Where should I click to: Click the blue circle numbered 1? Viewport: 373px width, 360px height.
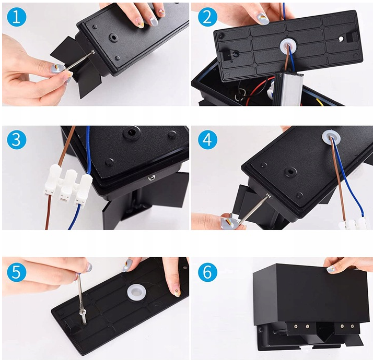pyautogui.click(x=16, y=17)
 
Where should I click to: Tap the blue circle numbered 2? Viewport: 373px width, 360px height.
pyautogui.click(x=207, y=17)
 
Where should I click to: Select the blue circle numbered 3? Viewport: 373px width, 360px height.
pyautogui.click(x=16, y=139)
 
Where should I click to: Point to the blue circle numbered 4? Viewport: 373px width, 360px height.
pyautogui.click(x=207, y=139)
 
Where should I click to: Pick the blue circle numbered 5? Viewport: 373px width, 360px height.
pyautogui.click(x=16, y=272)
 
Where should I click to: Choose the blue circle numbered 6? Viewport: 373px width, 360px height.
pyautogui.click(x=207, y=272)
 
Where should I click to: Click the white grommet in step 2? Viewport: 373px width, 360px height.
pyautogui.click(x=288, y=45)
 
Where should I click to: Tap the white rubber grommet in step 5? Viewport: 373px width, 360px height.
pyautogui.click(x=136, y=292)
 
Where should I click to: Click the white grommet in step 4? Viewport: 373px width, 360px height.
pyautogui.click(x=331, y=137)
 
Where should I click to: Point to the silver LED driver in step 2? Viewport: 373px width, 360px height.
pyautogui.click(x=288, y=89)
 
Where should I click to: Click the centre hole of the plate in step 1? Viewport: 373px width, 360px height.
pyautogui.click(x=113, y=38)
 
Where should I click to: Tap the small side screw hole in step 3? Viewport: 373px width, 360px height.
pyautogui.click(x=151, y=177)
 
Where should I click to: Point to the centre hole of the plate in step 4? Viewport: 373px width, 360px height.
pyautogui.click(x=290, y=172)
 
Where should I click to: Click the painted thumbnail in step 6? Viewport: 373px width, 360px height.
pyautogui.click(x=331, y=269)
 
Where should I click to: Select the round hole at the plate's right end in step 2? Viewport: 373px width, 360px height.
pyautogui.click(x=341, y=39)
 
